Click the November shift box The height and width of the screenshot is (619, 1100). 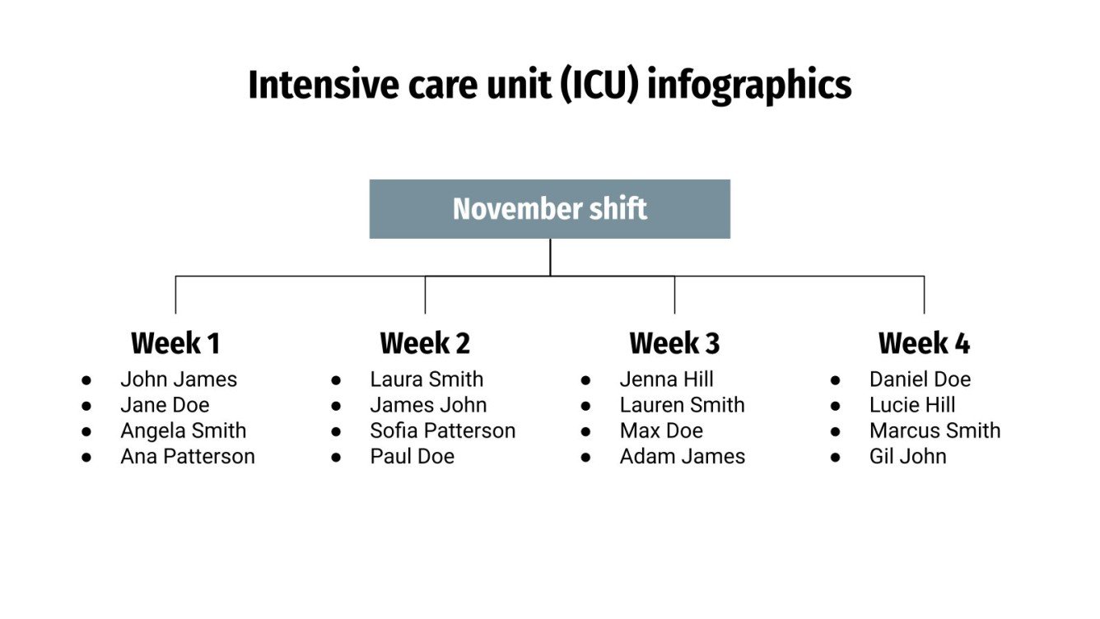click(x=549, y=209)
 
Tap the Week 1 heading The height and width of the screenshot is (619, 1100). click(x=175, y=343)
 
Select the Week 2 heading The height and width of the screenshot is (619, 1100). click(x=425, y=343)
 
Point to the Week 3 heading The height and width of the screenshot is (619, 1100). click(x=674, y=343)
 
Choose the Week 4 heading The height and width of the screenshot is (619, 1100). click(x=924, y=343)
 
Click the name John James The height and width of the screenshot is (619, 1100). click(x=179, y=379)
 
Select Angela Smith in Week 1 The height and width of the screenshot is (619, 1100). click(x=183, y=431)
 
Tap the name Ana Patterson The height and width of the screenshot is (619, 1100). click(x=188, y=456)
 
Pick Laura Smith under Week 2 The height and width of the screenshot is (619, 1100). click(x=426, y=379)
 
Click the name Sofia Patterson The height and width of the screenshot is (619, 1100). click(x=443, y=431)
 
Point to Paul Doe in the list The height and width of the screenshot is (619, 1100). click(x=412, y=456)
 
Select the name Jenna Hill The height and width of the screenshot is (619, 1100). click(x=667, y=379)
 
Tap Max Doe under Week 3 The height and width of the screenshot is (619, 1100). click(x=661, y=431)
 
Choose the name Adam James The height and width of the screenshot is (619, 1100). click(x=683, y=456)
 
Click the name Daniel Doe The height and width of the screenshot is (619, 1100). click(x=920, y=379)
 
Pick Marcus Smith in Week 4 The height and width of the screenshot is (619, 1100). click(x=935, y=431)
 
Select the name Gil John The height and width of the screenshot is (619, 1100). click(x=907, y=456)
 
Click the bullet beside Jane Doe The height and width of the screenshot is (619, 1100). click(x=86, y=406)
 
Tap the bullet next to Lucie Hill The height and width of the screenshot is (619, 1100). click(x=835, y=406)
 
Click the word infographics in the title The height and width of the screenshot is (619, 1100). click(x=749, y=86)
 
